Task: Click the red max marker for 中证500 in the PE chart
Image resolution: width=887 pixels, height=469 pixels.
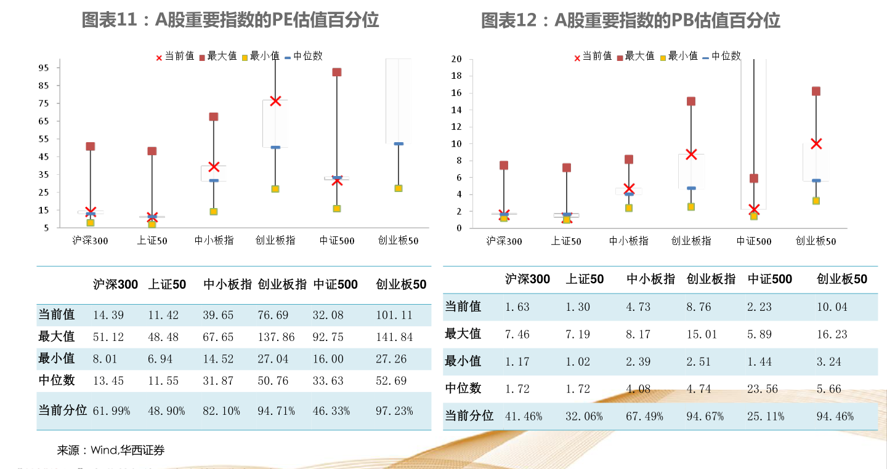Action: [x=337, y=72]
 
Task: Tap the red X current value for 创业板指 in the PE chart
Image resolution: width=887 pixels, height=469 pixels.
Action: [x=275, y=101]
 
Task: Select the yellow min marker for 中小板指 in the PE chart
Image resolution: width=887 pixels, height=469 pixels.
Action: [x=214, y=212]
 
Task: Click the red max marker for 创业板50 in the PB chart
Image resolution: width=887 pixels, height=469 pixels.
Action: [x=816, y=91]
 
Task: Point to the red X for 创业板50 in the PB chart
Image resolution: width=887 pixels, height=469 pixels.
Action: [x=816, y=144]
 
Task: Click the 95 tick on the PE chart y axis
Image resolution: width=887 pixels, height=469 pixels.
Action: [x=44, y=68]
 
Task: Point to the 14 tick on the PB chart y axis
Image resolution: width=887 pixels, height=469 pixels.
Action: [x=456, y=110]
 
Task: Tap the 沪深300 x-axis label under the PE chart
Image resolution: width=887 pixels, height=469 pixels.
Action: [x=91, y=241]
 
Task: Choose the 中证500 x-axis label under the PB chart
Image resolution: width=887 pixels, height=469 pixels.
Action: [x=754, y=241]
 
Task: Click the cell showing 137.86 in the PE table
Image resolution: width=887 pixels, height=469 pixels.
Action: [x=276, y=337]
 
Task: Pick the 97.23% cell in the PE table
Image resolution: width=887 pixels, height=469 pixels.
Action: [x=394, y=411]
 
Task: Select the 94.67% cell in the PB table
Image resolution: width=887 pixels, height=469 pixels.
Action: [x=705, y=417]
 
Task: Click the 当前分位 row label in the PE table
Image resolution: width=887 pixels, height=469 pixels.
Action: [x=62, y=411]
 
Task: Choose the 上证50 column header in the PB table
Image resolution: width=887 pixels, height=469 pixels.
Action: [x=585, y=279]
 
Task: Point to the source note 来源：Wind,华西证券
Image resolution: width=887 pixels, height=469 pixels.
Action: [x=111, y=451]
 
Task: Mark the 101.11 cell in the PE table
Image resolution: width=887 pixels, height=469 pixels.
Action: [x=394, y=315]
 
